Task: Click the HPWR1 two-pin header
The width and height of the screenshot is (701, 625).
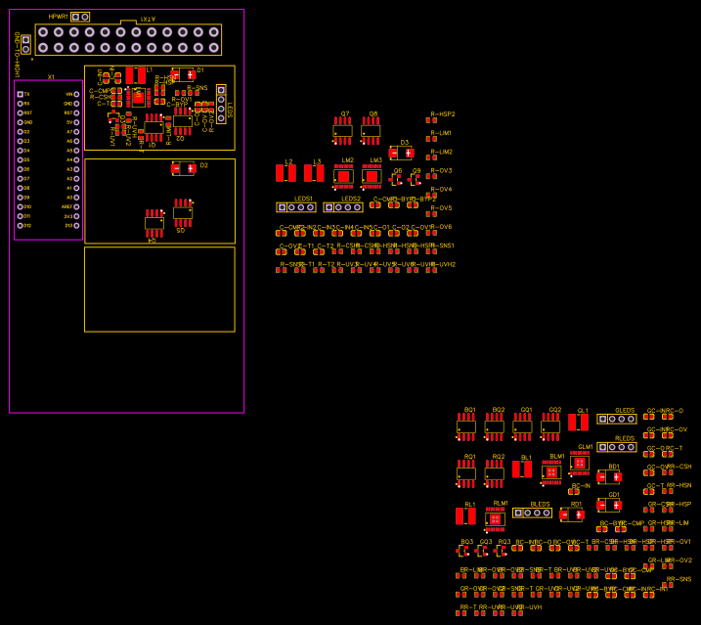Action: [80, 17]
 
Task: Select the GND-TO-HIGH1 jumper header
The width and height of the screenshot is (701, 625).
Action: [26, 43]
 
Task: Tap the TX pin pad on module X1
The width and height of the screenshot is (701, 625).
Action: [21, 94]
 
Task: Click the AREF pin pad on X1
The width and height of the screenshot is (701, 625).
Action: [76, 206]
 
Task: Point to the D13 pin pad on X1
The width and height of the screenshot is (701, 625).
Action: [76, 226]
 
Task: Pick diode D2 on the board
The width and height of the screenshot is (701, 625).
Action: [184, 168]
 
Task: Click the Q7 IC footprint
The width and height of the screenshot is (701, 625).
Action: [342, 130]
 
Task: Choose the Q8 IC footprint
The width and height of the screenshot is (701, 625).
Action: [371, 130]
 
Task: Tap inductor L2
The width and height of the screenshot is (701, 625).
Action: [286, 173]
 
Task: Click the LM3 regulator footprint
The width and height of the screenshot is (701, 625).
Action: [372, 176]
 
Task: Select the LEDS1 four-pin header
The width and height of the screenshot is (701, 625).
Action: [295, 207]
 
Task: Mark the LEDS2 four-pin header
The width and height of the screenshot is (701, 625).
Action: [343, 207]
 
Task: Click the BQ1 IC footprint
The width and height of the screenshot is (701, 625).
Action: [466, 425]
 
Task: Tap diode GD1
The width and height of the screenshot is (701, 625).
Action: [609, 505]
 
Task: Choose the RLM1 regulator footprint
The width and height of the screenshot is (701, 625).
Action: [496, 519]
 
